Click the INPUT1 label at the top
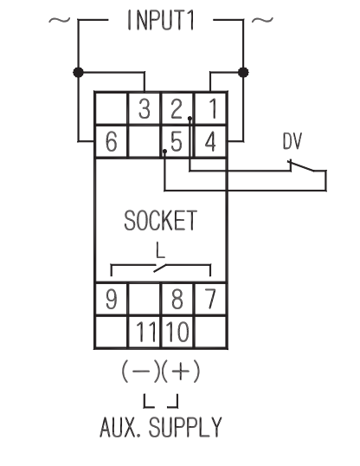tap(161, 20)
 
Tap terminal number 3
tap(145, 109)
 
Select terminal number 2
tap(177, 109)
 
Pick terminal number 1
tap(212, 109)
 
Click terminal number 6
tap(112, 142)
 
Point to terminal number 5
tap(177, 142)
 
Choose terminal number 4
tap(210, 142)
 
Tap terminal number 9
tap(112, 299)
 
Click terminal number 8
tap(177, 299)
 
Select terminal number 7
tap(210, 299)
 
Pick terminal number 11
tap(145, 332)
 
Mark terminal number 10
tap(177, 332)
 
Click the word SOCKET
tap(160, 221)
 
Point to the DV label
tap(292, 141)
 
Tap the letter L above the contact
tap(160, 250)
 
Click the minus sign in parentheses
tap(140, 372)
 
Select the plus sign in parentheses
tap(181, 372)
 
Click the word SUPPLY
tap(185, 427)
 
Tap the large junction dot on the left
tap(78, 72)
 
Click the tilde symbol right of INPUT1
tap(262, 20)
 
